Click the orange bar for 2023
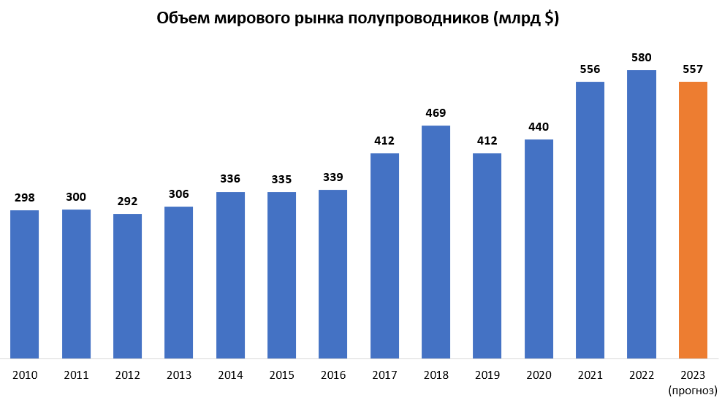[693, 220]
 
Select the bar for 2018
[436, 242]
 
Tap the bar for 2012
[128, 285]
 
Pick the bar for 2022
[642, 214]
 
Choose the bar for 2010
[25, 284]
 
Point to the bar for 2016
[333, 274]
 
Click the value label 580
[642, 58]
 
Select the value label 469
[436, 113]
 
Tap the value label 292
[128, 201]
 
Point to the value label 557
[693, 69]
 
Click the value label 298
[25, 198]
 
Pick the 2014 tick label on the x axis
[230, 375]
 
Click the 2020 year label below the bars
[539, 375]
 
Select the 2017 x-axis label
[384, 375]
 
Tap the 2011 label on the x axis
[76, 375]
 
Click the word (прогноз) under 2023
[693, 391]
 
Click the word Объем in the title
[183, 19]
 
